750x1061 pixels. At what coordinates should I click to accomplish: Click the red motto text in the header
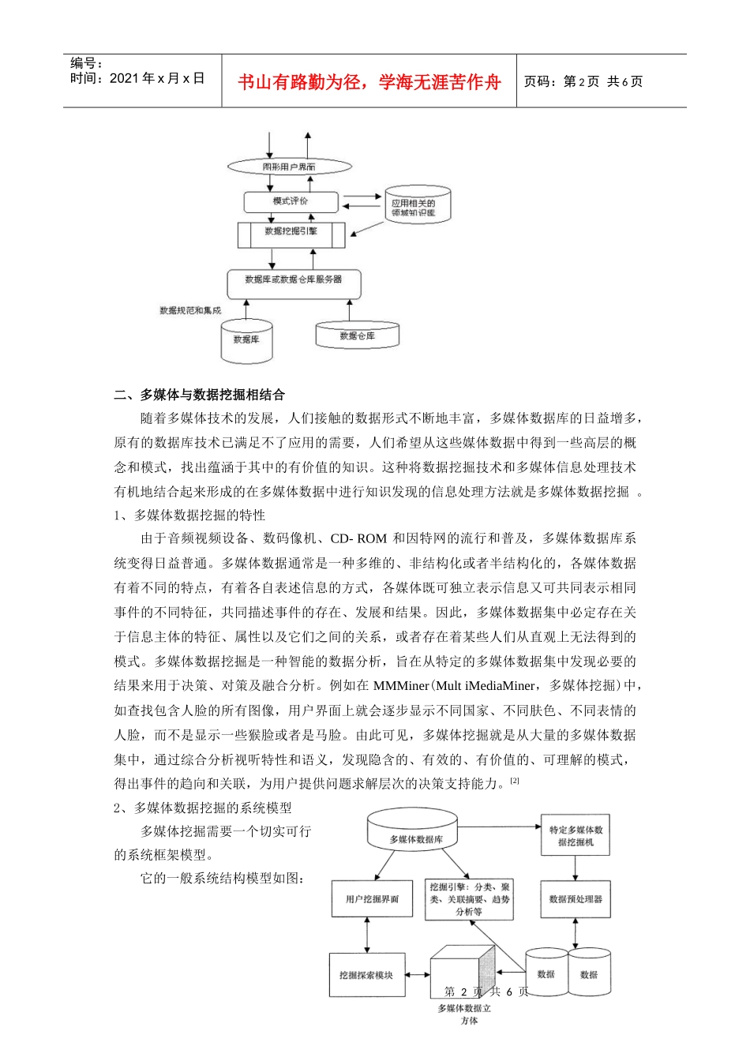coord(369,82)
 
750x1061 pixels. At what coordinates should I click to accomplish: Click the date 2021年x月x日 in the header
coord(157,78)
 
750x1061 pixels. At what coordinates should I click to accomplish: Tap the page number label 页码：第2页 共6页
coord(583,81)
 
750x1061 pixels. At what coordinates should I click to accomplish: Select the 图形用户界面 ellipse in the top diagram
coord(289,167)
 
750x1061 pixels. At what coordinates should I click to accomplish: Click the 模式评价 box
coord(291,202)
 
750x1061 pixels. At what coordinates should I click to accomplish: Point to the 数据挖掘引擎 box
coord(291,233)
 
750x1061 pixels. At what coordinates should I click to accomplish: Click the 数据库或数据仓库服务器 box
coord(294,281)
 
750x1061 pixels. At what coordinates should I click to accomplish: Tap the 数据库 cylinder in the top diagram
coord(246,340)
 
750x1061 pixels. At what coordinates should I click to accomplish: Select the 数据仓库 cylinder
coord(358,336)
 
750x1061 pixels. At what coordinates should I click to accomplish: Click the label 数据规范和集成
coord(190,311)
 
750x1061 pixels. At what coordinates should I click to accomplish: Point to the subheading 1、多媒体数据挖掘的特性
coord(189,515)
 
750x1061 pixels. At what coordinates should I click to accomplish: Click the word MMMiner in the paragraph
coord(401,685)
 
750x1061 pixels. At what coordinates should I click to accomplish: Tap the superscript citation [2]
coord(515,780)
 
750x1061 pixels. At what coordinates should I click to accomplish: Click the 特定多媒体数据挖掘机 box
coord(576,836)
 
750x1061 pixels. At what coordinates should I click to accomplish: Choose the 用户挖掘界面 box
coord(372,899)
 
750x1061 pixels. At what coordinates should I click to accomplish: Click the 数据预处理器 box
coord(576,899)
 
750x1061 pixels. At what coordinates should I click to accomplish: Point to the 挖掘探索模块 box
coord(366,975)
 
